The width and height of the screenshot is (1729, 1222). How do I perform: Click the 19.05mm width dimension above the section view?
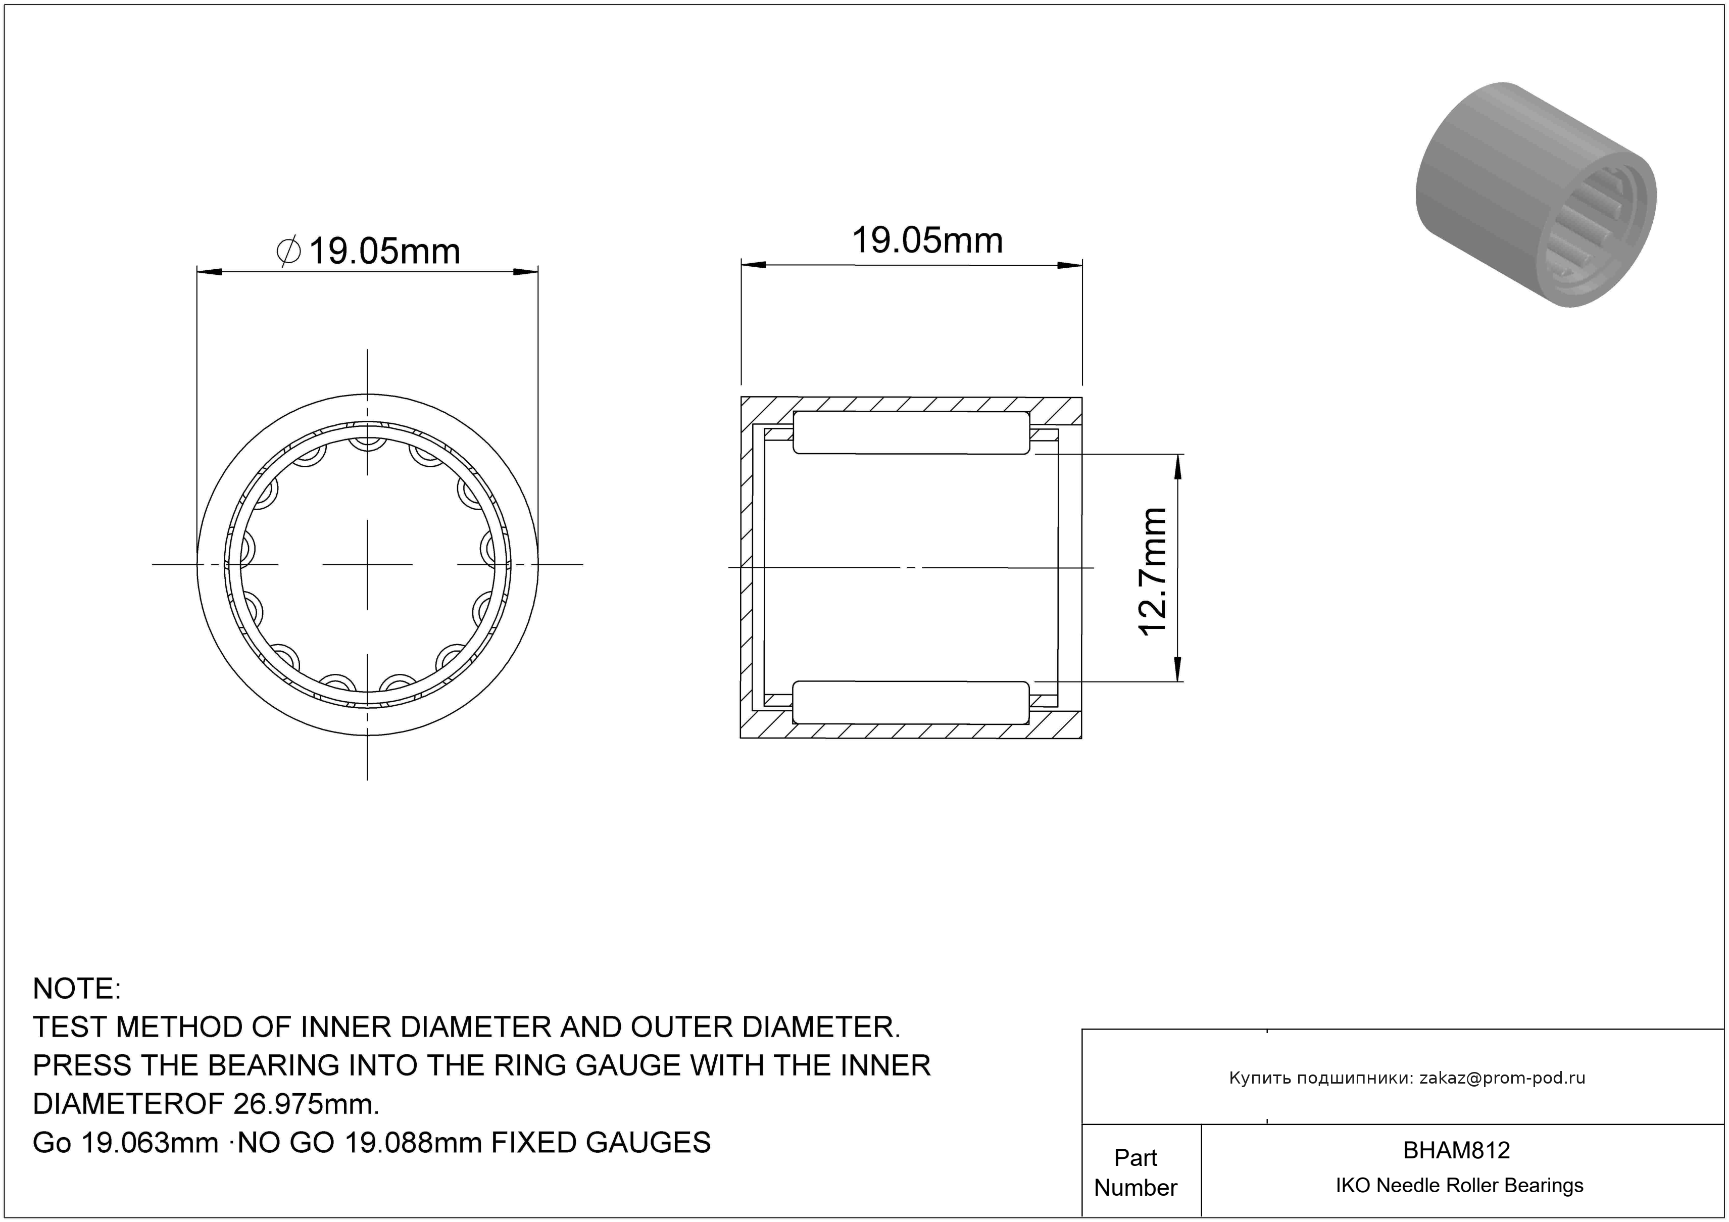pos(927,241)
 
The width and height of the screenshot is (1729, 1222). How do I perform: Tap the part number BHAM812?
pos(1456,1150)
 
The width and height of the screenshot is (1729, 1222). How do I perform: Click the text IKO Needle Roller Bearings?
pos(1459,1185)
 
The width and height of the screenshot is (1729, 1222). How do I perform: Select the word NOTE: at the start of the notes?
pos(77,989)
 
